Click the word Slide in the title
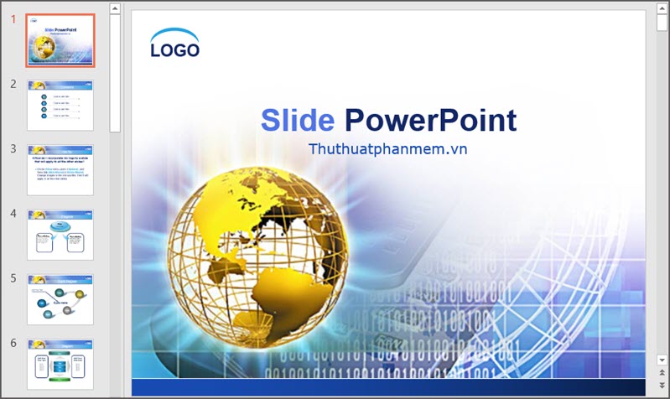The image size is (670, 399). [x=297, y=121]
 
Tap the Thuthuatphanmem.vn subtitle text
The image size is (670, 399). [x=387, y=148]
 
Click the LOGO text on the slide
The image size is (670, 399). [x=174, y=50]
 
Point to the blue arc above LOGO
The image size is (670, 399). [x=174, y=34]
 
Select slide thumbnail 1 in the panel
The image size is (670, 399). [x=60, y=40]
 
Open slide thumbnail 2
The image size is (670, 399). [x=60, y=105]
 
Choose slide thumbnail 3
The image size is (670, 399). [x=60, y=170]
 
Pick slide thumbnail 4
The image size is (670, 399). [x=60, y=235]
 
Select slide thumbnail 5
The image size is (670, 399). [x=60, y=299]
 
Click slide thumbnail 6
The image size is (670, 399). [x=60, y=364]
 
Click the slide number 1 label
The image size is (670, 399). [x=13, y=19]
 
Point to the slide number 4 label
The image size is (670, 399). [x=13, y=213]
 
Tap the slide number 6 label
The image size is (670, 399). [x=13, y=343]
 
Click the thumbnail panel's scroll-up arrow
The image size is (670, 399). [x=116, y=9]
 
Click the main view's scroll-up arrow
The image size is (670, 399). [x=662, y=9]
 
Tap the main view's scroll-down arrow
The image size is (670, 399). [x=662, y=360]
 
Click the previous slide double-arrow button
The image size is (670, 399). [x=662, y=374]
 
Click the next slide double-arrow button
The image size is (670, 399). [x=662, y=386]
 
